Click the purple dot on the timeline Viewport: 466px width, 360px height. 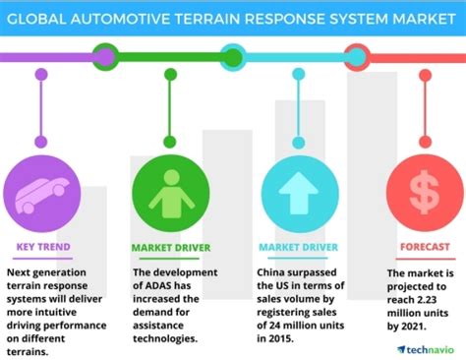[x=40, y=74]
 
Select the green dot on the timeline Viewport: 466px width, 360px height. [x=168, y=74]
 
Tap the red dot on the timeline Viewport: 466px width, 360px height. [x=424, y=74]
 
